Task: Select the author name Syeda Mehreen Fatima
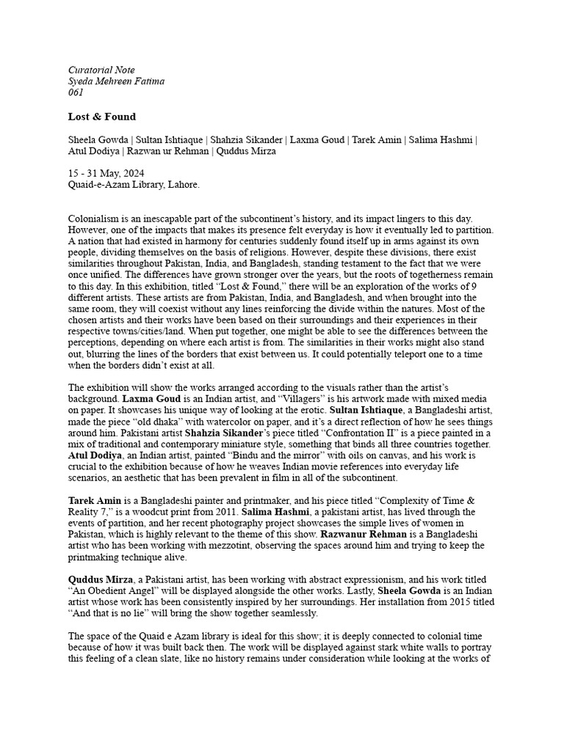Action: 116,81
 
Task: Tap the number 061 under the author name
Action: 76,92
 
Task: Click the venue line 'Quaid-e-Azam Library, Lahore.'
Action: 134,185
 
